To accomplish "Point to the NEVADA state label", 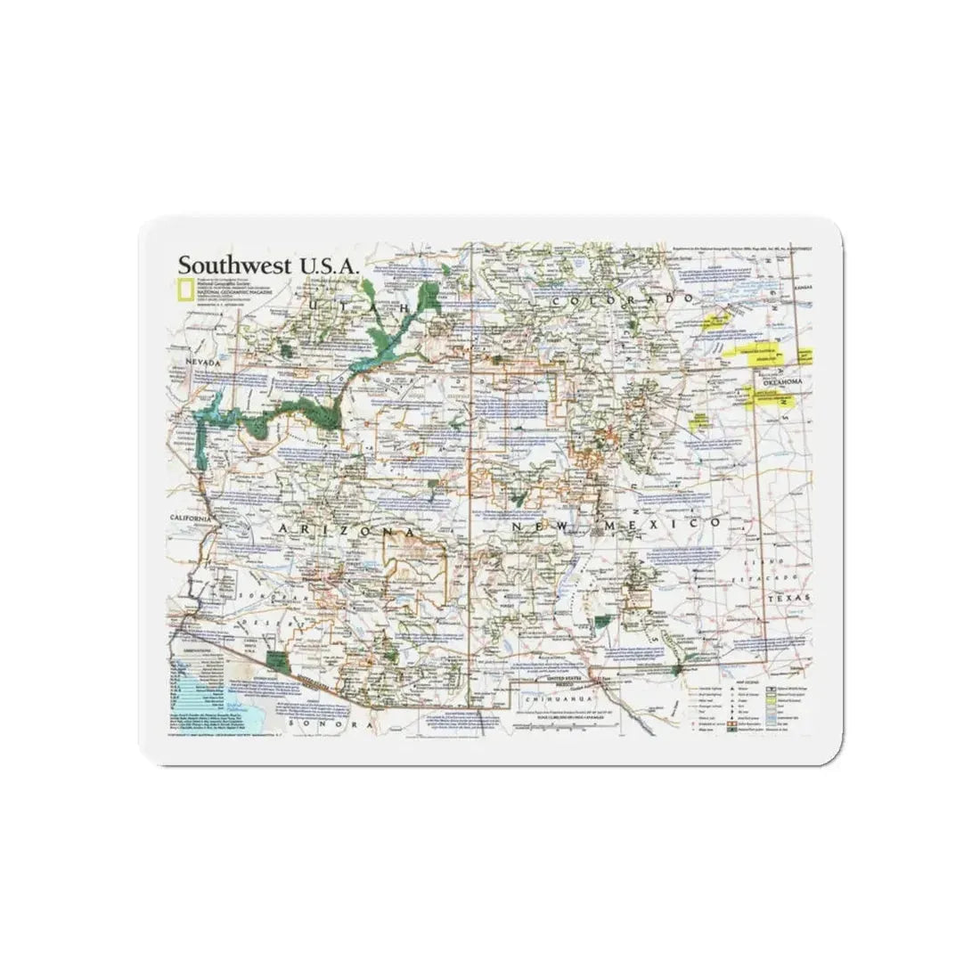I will (204, 363).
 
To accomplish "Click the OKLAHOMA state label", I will (781, 382).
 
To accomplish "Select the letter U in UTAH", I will (314, 305).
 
